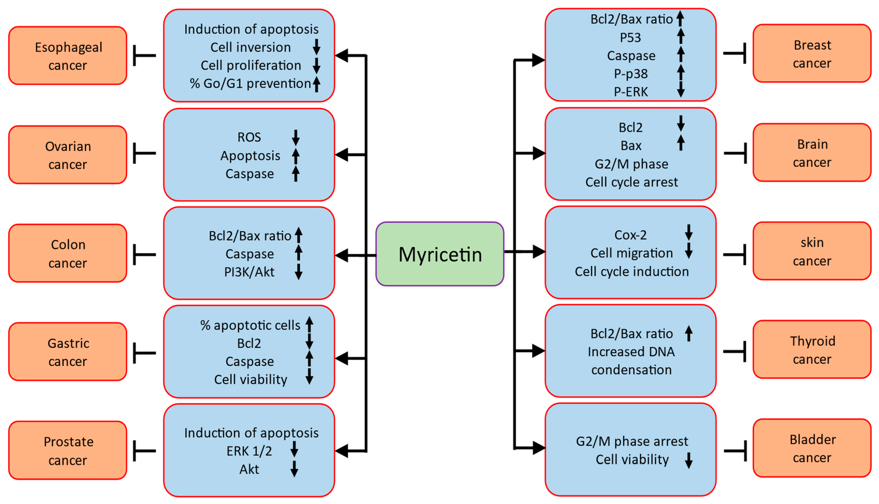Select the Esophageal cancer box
(68, 56)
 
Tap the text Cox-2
(630, 235)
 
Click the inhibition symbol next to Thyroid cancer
(735, 351)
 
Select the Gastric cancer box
(68, 352)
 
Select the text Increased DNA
(631, 352)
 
